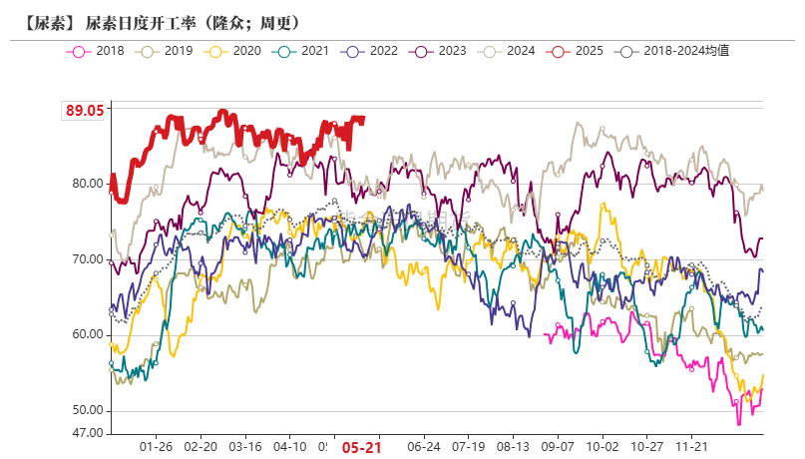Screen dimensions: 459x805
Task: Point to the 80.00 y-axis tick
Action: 87,184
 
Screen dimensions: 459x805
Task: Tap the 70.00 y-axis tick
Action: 87,259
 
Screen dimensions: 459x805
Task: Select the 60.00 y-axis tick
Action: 87,335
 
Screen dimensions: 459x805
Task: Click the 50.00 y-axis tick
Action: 87,411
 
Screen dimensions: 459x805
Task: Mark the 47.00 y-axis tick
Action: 87,433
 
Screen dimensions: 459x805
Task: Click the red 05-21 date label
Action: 362,448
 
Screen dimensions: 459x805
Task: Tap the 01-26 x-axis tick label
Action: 157,448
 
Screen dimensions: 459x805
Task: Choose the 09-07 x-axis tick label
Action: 558,448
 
